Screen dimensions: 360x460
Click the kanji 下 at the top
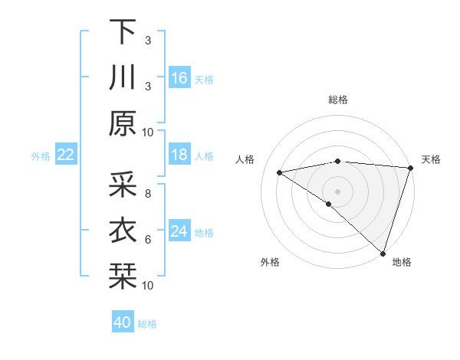tap(123, 31)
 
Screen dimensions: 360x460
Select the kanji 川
tap(123, 77)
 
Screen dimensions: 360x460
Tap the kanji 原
tap(123, 123)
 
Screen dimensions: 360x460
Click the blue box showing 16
tap(179, 77)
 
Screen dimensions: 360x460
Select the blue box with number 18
tap(179, 155)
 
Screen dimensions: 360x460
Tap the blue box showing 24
tap(179, 231)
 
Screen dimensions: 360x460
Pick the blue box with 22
tap(65, 155)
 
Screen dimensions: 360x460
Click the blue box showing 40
tap(123, 322)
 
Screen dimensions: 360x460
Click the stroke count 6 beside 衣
tap(147, 240)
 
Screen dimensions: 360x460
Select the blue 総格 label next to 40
tap(147, 324)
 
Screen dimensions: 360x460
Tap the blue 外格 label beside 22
tap(41, 156)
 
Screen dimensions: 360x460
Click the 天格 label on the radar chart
tap(431, 159)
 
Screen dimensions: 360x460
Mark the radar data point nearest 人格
tap(280, 172)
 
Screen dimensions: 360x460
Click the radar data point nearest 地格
tap(383, 253)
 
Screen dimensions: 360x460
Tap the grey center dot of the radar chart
tap(337, 190)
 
